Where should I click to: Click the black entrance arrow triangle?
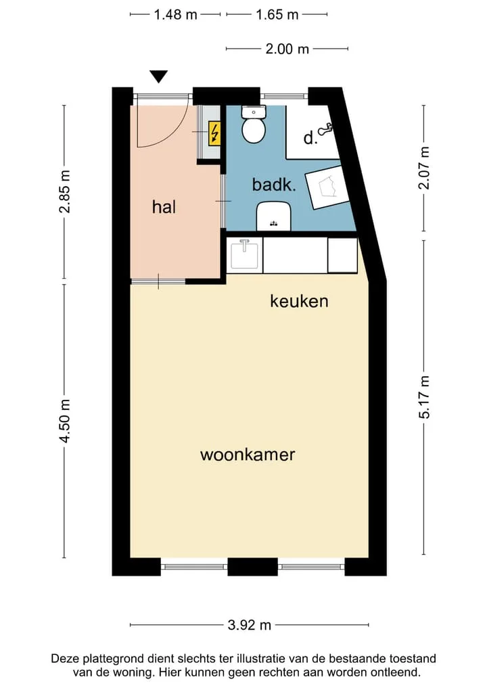pos(159,76)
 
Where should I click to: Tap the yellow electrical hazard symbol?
pos(214,133)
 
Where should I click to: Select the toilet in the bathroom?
pos(254,124)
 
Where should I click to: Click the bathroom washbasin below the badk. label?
pos(274,216)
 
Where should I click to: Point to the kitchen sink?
pos(244,254)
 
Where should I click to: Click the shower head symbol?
pos(325,129)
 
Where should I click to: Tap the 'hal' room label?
pos(164,206)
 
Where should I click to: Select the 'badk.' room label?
pos(274,184)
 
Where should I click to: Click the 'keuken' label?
pos(299,301)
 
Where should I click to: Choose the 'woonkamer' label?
pos(248,455)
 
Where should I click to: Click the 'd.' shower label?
pos(310,138)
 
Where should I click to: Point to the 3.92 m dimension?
pos(249,625)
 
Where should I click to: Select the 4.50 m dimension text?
pos(65,421)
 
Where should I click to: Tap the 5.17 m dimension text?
pos(424,397)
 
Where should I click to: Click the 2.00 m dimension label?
pos(287,49)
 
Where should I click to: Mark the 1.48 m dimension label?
pos(175,15)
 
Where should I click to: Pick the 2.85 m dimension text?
pos(65,191)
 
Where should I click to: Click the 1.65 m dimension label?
pos(277,15)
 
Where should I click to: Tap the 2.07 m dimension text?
pos(424,168)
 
